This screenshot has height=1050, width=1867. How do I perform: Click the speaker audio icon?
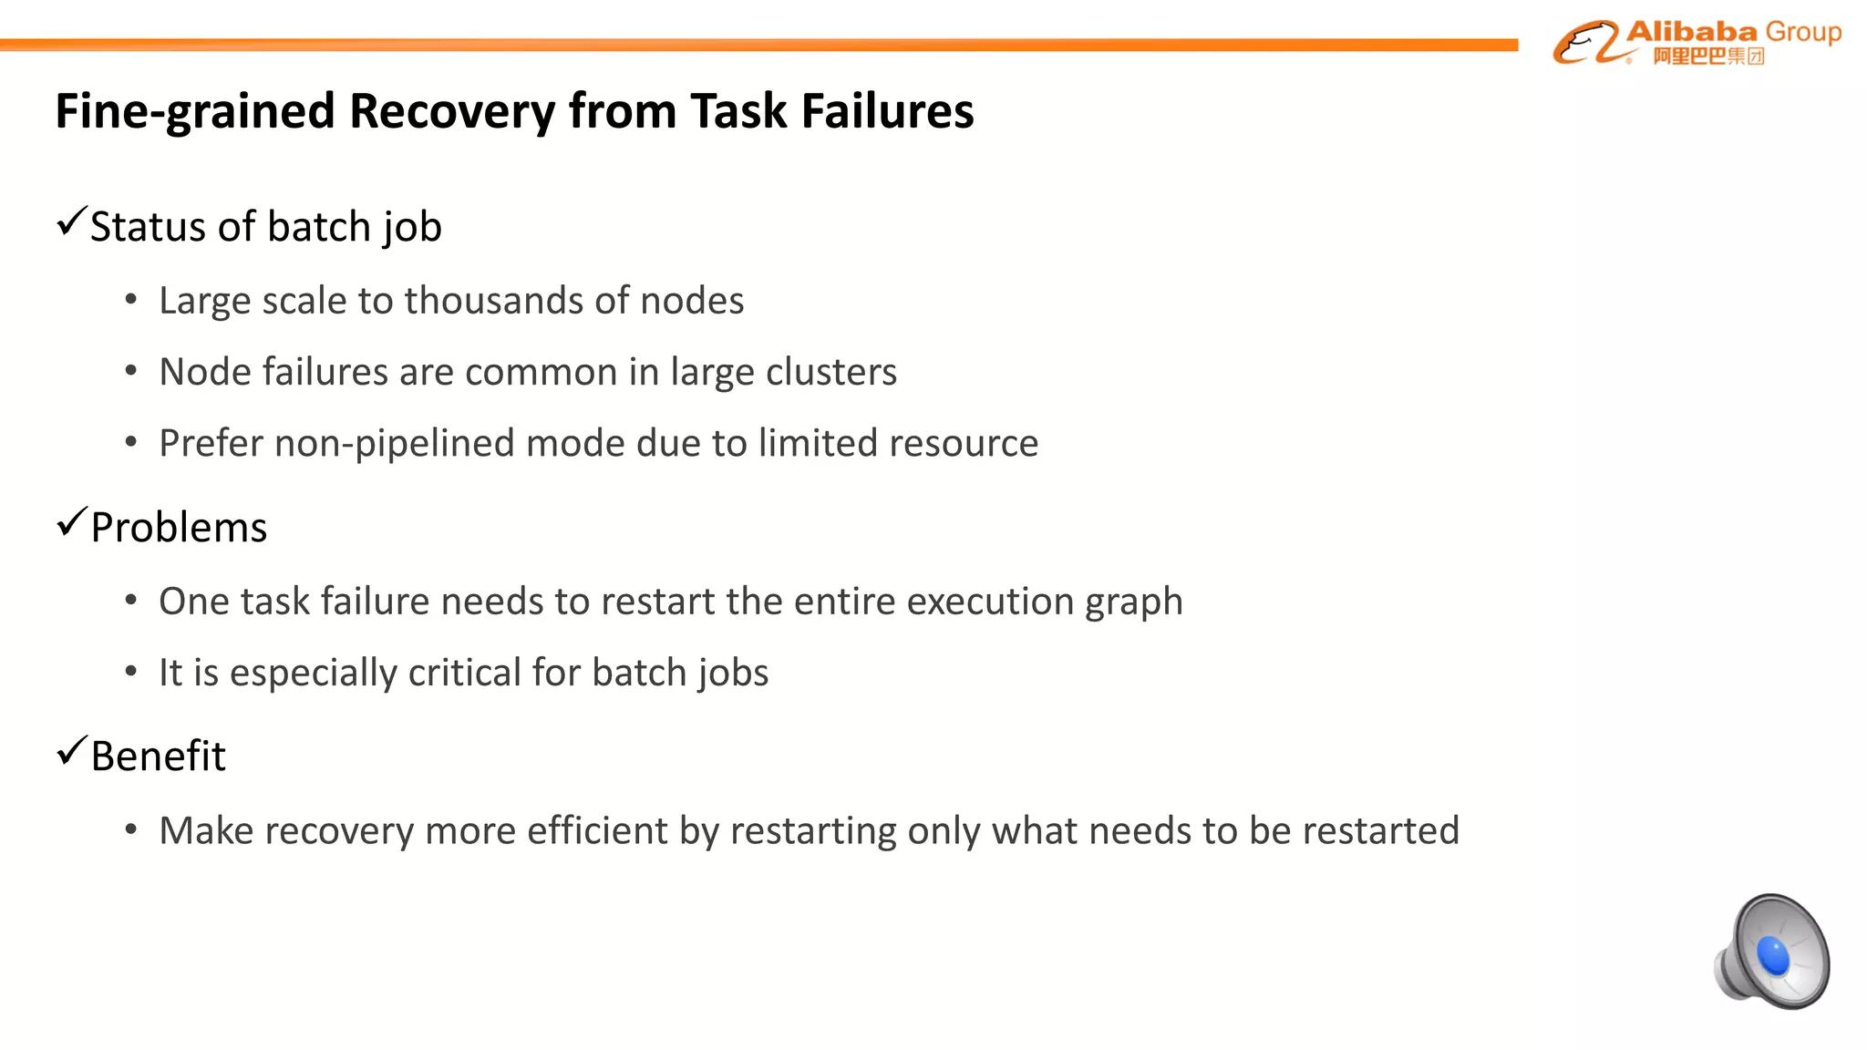click(1773, 952)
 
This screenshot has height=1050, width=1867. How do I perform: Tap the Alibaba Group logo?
click(1697, 42)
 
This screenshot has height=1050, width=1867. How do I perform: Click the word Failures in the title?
click(887, 111)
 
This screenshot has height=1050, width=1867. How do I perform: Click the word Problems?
click(179, 528)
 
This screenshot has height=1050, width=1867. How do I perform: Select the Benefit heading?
click(158, 757)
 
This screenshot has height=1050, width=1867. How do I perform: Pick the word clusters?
click(830, 372)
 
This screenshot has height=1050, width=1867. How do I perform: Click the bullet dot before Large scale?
click(131, 300)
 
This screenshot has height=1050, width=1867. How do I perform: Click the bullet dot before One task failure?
click(131, 601)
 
